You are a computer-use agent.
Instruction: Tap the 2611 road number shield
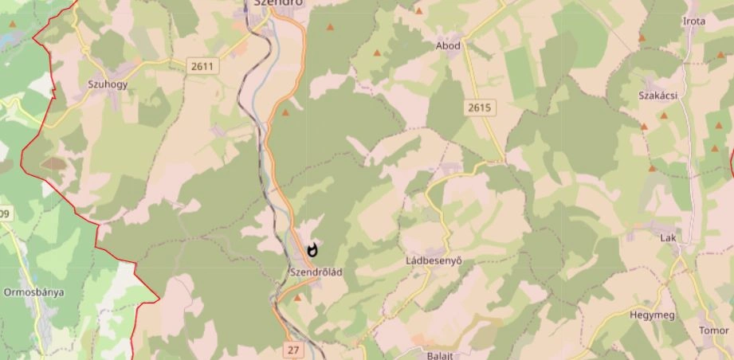point(202,66)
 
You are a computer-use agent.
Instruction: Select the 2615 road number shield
point(480,108)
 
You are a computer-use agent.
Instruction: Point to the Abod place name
point(448,46)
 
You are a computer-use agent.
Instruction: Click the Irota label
point(694,22)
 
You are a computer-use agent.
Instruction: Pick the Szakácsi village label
point(657,96)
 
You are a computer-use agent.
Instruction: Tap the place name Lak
point(668,238)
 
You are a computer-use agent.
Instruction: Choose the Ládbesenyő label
point(434,260)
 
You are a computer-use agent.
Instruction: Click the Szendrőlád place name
point(316,272)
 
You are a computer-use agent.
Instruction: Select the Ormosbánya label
point(33,292)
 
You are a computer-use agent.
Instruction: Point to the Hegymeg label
point(652,315)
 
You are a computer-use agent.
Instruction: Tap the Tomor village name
point(713,330)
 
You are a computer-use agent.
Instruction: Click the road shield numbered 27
point(293,349)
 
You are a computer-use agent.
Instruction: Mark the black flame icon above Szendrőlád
point(312,250)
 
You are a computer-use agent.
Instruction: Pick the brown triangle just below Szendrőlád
point(298,298)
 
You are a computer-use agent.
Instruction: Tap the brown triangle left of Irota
point(642,37)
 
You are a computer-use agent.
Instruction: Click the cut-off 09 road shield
point(6,213)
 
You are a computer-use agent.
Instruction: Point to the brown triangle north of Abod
point(419,11)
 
